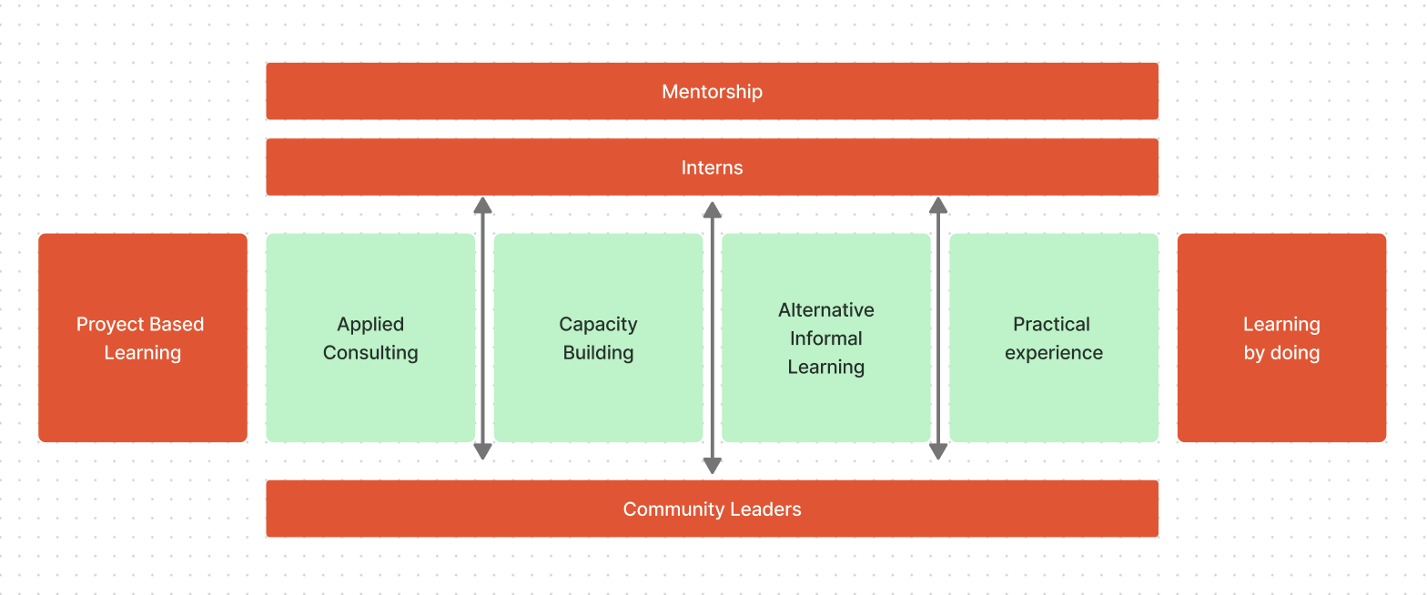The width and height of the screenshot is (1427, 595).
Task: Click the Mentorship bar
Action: click(712, 91)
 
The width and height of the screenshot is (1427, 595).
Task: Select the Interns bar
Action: click(712, 167)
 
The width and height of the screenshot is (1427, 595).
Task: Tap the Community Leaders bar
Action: click(712, 509)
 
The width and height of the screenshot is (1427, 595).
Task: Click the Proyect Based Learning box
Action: click(143, 400)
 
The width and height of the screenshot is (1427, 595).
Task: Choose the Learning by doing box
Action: click(1281, 400)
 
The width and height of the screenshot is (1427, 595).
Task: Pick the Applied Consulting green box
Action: click(370, 400)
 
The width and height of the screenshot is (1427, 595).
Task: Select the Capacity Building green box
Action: click(598, 400)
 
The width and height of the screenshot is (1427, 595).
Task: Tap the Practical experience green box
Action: click(1054, 400)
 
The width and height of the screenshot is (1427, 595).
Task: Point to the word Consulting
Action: click(370, 353)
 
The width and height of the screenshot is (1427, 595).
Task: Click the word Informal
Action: click(826, 338)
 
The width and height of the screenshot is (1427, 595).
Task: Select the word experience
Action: click(1054, 353)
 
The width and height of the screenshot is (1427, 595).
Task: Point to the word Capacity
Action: click(598, 325)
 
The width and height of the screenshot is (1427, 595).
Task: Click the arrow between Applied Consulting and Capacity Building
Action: click(483, 328)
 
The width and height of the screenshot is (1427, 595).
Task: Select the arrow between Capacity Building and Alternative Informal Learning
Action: click(713, 337)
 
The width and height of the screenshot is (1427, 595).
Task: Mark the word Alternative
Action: click(826, 310)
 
